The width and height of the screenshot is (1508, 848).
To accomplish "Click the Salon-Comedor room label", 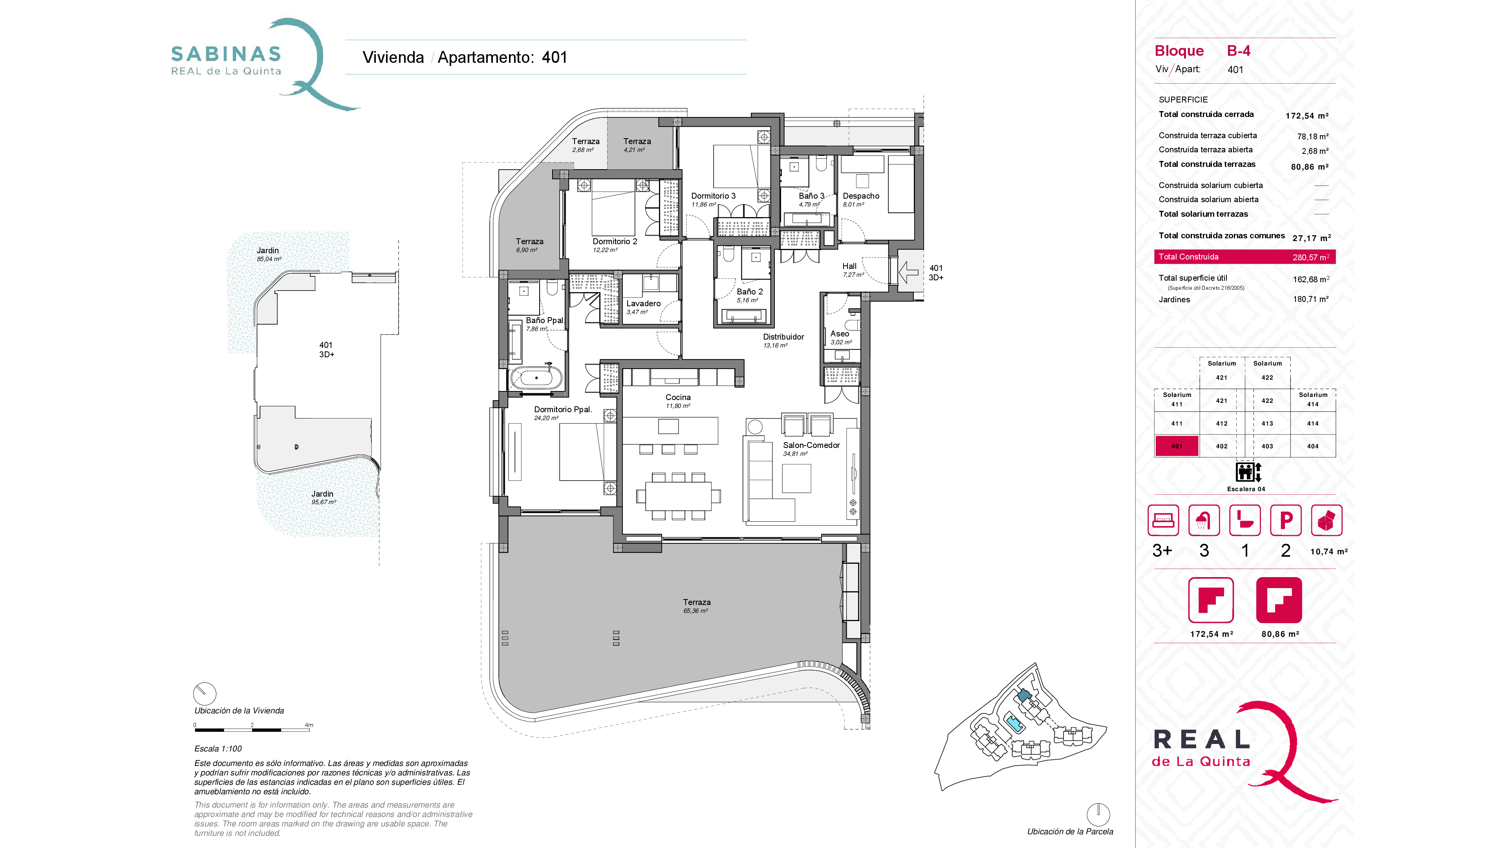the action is coord(811,445).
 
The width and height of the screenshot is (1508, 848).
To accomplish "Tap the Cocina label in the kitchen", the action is coord(678,397).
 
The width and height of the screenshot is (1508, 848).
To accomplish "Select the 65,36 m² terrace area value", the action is coord(695,611).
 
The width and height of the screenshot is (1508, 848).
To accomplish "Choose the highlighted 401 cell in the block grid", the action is coord(1176,446).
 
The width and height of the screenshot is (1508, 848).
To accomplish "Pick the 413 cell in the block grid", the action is coord(1267,423).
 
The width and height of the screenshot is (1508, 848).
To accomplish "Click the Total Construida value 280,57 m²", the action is coord(1311,257).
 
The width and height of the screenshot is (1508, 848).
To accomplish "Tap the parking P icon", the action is coord(1286,520).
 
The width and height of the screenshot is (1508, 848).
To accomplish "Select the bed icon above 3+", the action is coord(1163,520).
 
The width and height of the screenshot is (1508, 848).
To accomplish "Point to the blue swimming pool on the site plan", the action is coord(1014,723).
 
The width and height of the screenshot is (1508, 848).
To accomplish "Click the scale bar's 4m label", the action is coord(309,725).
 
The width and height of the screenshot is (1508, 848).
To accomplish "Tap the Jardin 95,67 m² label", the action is coord(322,497).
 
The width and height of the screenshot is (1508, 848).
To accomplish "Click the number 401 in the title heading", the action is coord(555,57).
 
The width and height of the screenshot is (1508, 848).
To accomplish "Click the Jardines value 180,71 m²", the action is coord(1311,299).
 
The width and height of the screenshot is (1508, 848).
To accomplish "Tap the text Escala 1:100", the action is coord(218,749).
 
